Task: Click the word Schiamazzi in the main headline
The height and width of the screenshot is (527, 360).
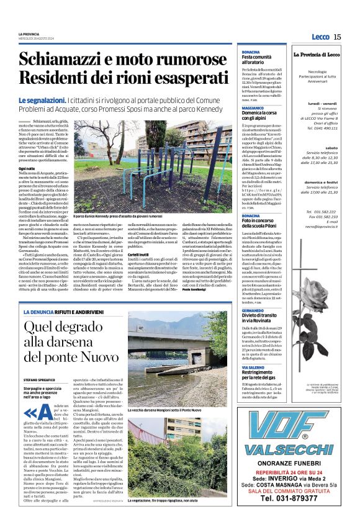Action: [x=68, y=60]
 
